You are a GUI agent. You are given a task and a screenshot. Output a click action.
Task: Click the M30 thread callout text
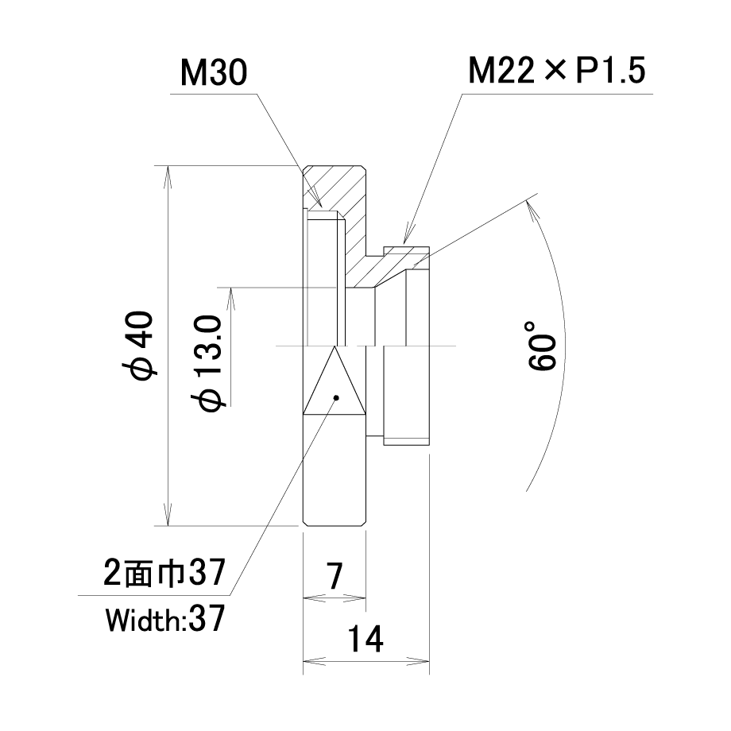214,73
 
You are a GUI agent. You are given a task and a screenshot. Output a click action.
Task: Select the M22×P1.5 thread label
557,71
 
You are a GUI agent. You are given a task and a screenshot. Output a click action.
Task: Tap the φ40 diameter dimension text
139,345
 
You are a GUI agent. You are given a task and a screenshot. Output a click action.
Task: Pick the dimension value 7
335,576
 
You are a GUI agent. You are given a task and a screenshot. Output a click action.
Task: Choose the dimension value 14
365,639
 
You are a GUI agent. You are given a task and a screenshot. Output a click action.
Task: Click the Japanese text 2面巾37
164,572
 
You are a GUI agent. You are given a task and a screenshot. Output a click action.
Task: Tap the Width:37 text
165,619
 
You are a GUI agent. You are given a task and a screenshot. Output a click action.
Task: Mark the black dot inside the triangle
336,397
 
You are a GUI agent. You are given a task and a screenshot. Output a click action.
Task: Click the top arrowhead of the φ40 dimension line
168,176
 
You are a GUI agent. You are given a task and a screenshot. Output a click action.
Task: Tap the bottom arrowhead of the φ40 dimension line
168,514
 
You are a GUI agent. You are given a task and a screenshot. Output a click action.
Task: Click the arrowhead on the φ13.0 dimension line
230,299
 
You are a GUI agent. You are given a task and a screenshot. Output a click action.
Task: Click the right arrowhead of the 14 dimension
418,660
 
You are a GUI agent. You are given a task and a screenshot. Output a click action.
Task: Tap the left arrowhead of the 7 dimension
314,598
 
